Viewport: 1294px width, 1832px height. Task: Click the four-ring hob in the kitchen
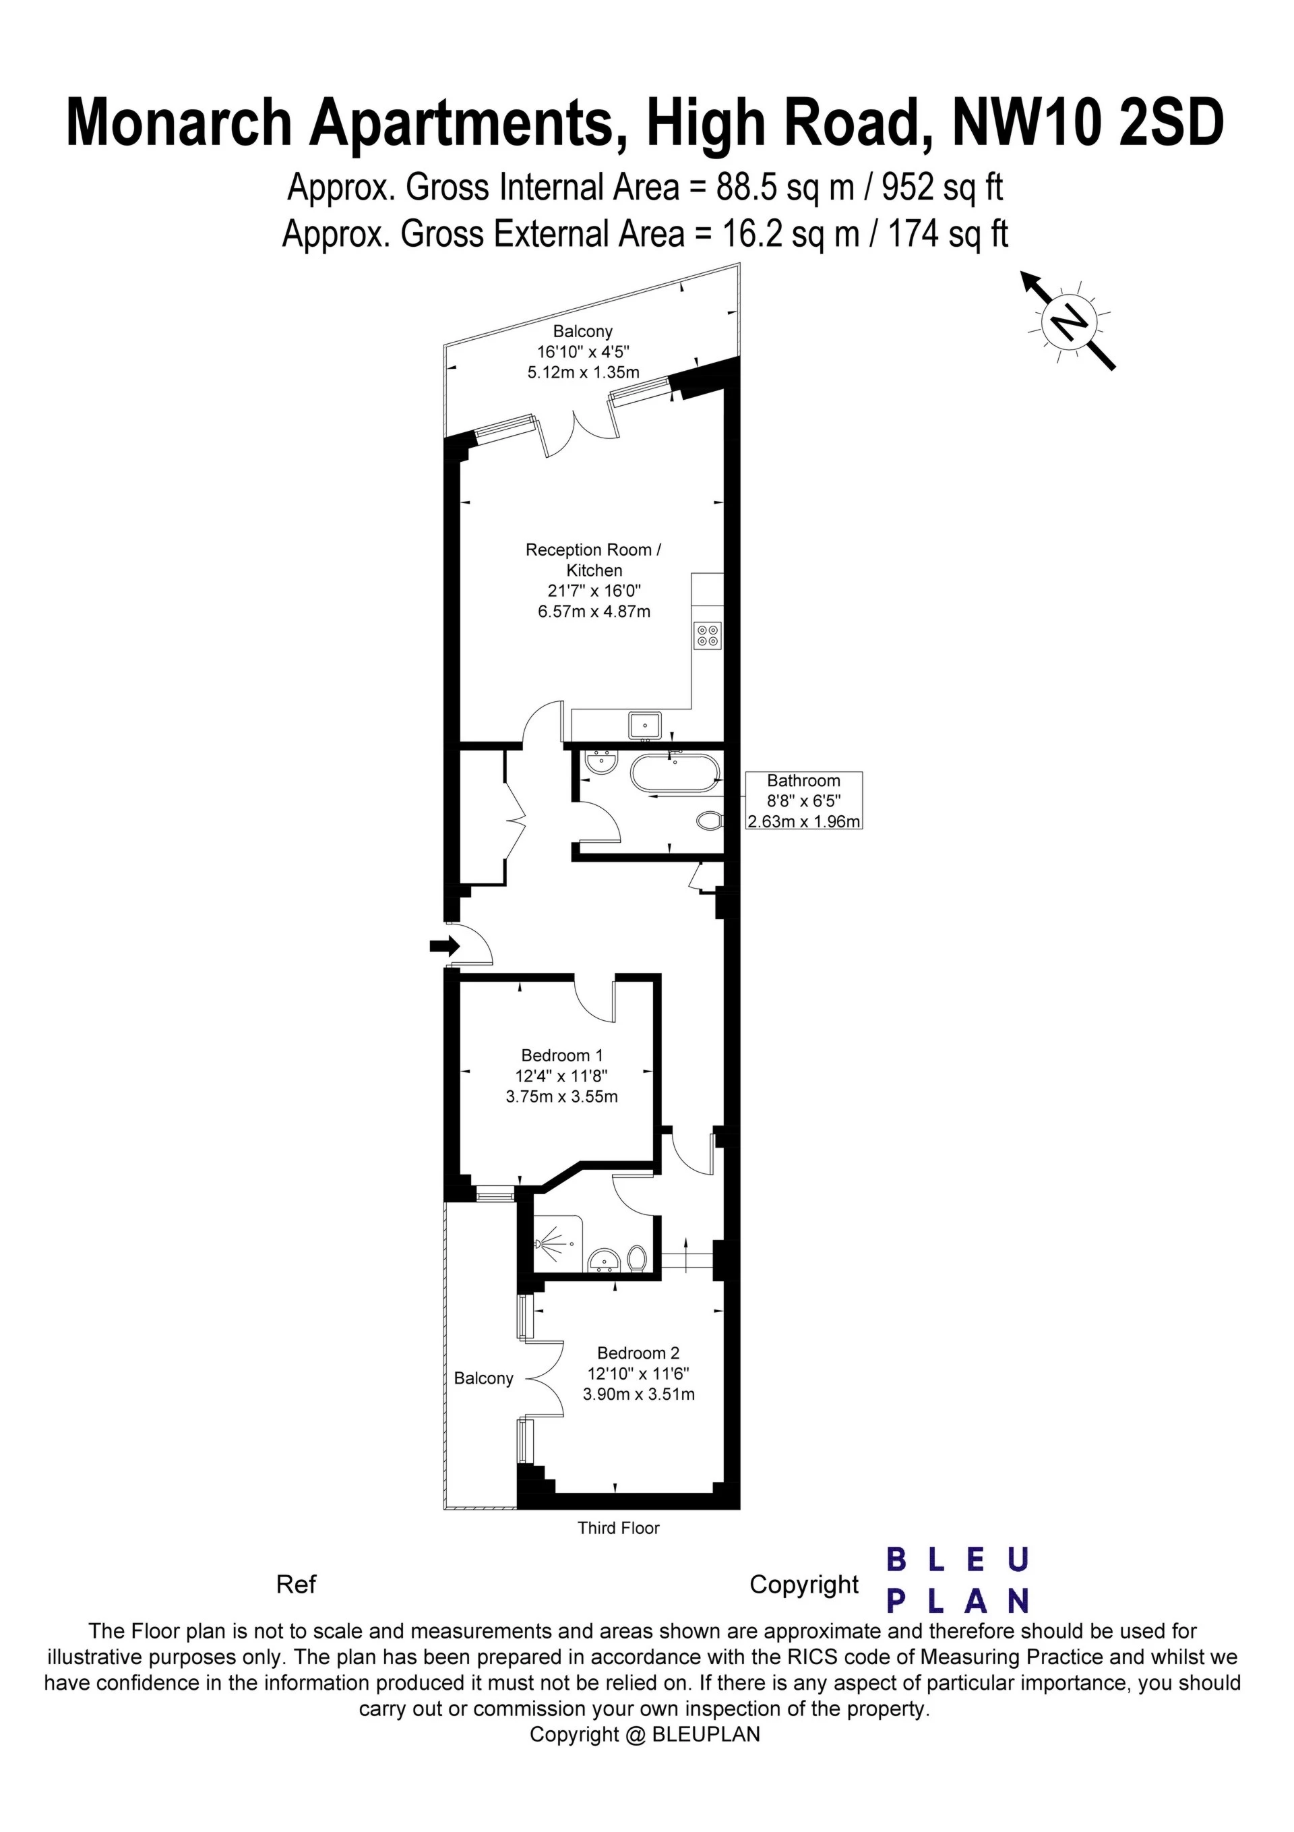[x=708, y=634]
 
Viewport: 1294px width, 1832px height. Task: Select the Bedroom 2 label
[x=638, y=1353]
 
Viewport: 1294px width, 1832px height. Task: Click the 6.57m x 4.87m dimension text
[x=594, y=612]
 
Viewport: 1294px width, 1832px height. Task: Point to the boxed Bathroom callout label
[x=803, y=800]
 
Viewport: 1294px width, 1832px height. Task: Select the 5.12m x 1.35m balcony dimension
[x=583, y=372]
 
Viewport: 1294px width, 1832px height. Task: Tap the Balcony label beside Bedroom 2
[x=483, y=1378]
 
